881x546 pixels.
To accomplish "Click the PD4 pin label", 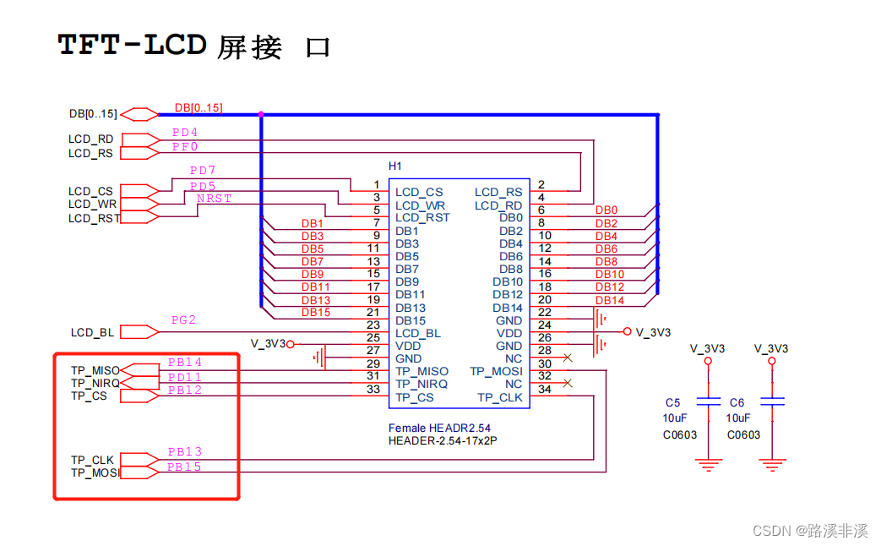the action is (x=185, y=132).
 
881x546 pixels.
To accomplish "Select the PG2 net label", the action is (x=184, y=320).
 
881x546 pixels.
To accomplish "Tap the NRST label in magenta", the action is (x=214, y=199).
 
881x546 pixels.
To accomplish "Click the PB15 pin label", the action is (x=184, y=467).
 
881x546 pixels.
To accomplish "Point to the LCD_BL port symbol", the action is (x=139, y=332).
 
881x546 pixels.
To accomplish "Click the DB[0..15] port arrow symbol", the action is (x=139, y=114).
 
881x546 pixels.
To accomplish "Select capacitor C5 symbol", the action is (x=708, y=401).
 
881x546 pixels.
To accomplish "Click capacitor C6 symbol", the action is (x=772, y=401).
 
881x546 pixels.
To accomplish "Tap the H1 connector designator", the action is (x=395, y=166).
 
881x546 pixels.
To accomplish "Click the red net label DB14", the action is (x=610, y=301).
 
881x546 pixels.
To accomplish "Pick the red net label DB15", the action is (x=316, y=313).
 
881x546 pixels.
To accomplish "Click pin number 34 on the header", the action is (x=545, y=389).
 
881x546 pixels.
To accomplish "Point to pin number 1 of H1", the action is (x=377, y=184).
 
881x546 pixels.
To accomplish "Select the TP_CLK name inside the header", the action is (x=500, y=397).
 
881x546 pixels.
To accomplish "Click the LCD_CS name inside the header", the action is (x=419, y=193).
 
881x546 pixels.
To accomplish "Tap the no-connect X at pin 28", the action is (x=568, y=358).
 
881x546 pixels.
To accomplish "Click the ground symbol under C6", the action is (x=772, y=465).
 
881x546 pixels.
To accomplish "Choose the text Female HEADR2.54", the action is (x=439, y=428).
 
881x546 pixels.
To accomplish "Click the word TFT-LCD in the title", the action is (x=133, y=45).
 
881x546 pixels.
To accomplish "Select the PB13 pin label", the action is (x=185, y=452).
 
